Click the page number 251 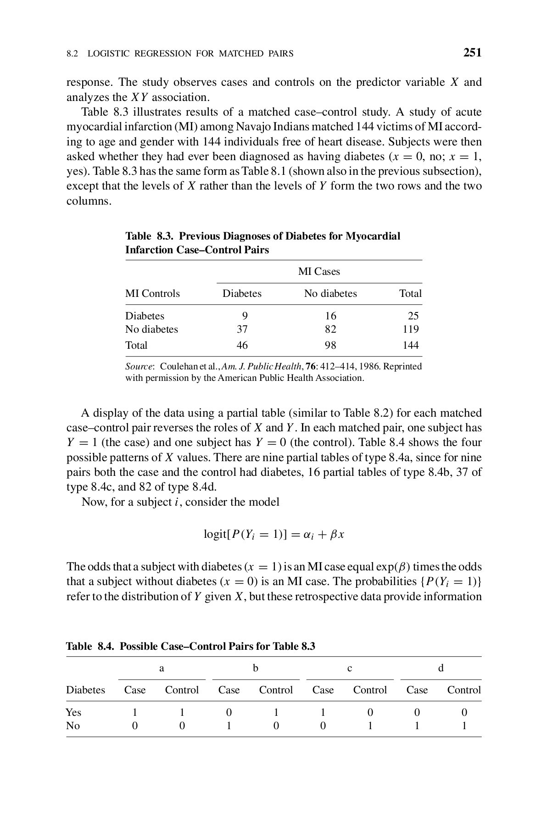point(472,53)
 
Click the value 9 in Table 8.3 point(245,316)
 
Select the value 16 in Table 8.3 point(330,316)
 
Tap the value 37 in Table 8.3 point(242,329)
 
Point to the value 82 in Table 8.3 point(330,329)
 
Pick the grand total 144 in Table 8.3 point(411,345)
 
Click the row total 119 point(411,329)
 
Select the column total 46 point(242,345)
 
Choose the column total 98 point(330,345)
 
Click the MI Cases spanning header point(319,272)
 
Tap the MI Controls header point(152,294)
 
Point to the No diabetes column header point(330,294)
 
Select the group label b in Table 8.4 point(256,668)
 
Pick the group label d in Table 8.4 point(441,668)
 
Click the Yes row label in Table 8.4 point(73,712)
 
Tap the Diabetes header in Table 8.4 point(85,690)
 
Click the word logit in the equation point(215,535)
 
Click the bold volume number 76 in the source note point(317,367)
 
